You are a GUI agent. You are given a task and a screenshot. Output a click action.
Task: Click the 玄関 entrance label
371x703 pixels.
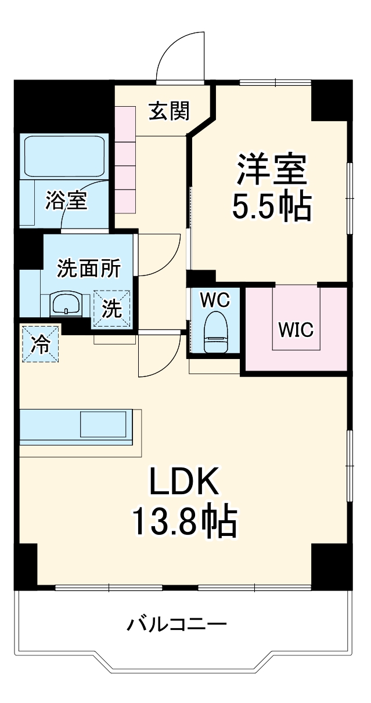point(169,110)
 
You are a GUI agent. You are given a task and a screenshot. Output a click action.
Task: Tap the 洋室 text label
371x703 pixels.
point(271,169)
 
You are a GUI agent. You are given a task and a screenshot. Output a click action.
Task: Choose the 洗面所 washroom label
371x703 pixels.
point(88,268)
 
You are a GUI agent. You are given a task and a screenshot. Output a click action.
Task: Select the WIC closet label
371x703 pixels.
point(296,329)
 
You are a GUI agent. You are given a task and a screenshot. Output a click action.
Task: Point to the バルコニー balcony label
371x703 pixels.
point(177,625)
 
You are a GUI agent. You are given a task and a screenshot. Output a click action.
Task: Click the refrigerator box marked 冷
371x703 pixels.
point(41,344)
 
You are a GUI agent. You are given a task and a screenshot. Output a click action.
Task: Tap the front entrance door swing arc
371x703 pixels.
point(181,55)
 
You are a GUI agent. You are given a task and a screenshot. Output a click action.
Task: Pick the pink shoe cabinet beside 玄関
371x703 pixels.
point(124,158)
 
